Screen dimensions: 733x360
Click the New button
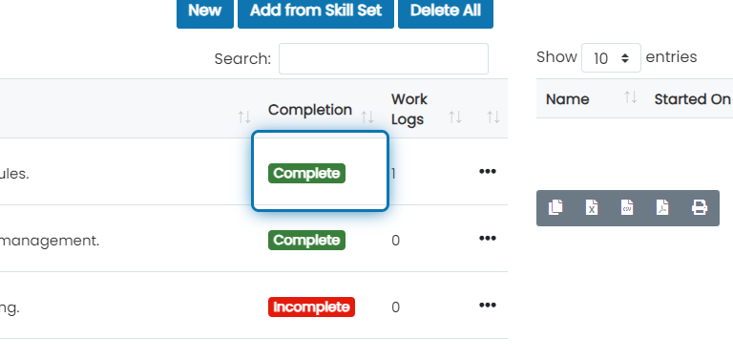pos(205,11)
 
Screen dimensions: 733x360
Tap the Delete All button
pos(446,11)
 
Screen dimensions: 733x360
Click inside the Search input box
pos(384,59)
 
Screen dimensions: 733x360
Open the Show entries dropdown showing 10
pos(611,58)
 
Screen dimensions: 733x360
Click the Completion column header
pos(310,110)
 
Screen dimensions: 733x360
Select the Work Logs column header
pos(409,110)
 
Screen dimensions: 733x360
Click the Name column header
pos(568,99)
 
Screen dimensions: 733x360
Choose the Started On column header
pos(692,99)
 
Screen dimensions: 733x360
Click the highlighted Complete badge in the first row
pos(306,174)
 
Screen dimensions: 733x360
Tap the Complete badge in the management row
pos(306,241)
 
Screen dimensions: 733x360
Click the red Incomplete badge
pos(311,307)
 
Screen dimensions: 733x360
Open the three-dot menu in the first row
pos(488,172)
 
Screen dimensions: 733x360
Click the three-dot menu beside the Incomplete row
pos(488,306)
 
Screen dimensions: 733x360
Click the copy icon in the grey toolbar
pos(555,207)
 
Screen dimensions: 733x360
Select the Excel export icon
pos(592,207)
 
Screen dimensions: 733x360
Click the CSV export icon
pos(627,207)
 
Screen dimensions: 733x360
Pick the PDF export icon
pos(662,207)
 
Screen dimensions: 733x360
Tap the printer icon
pos(700,207)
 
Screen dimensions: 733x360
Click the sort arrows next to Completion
pos(367,116)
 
